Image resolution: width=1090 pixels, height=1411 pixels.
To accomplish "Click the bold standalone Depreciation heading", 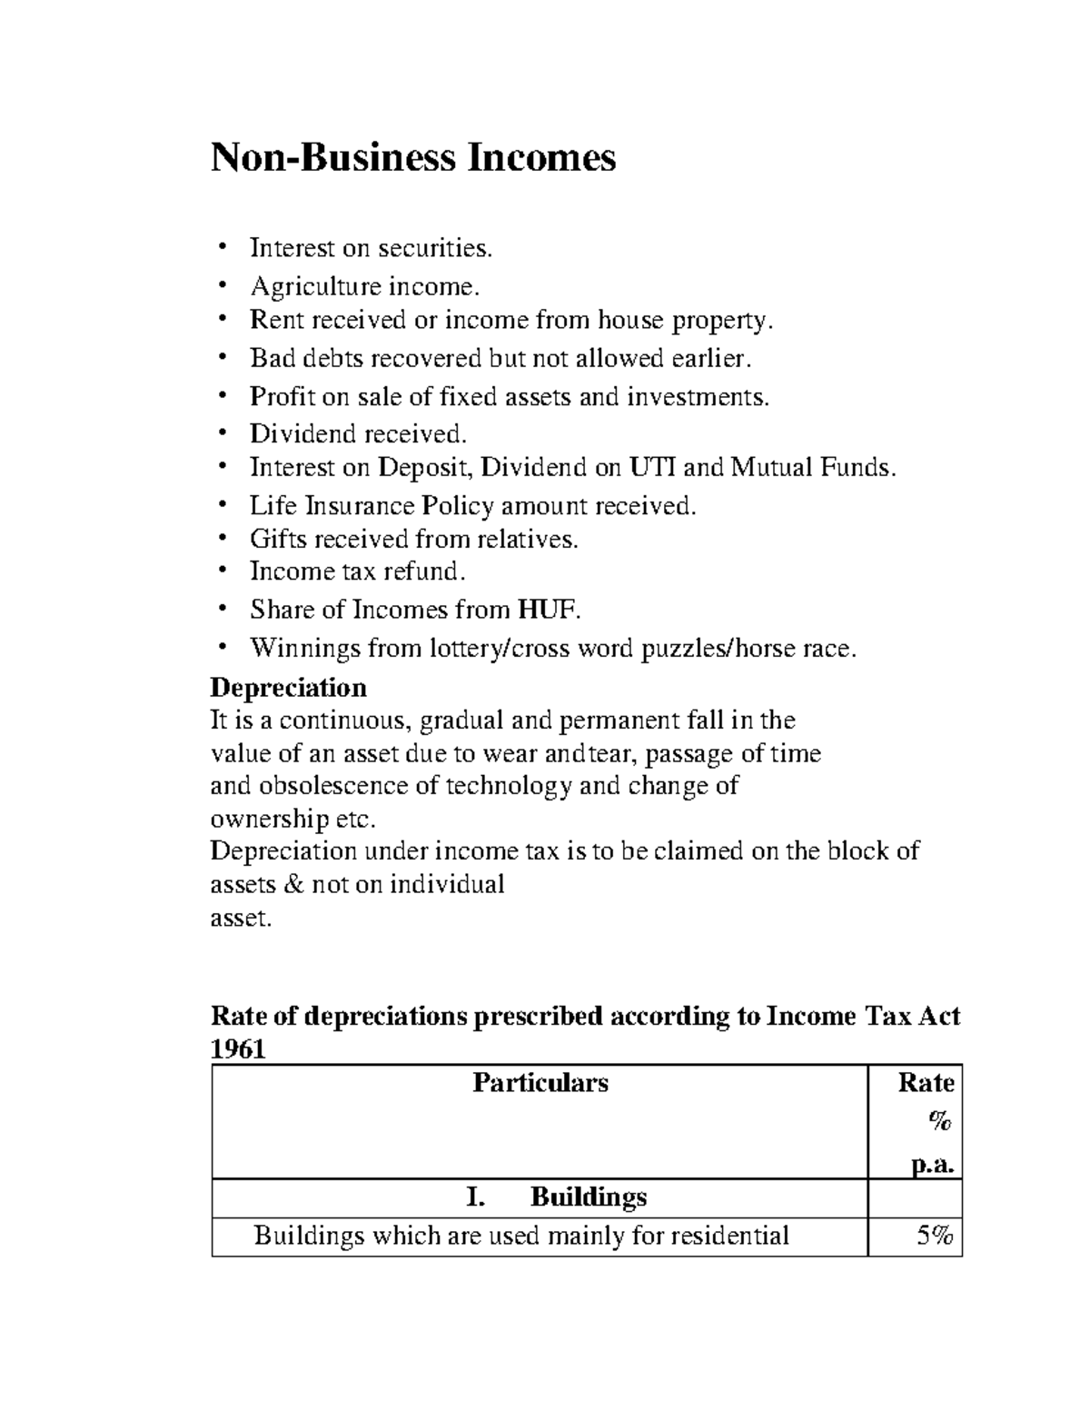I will [288, 686].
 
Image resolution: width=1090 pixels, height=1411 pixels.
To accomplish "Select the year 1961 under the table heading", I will [237, 1049].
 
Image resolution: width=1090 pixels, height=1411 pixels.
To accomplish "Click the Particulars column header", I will [540, 1083].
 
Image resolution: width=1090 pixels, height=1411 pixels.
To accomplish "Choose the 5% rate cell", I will [934, 1236].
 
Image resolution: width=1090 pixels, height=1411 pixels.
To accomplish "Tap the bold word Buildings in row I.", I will [588, 1197].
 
